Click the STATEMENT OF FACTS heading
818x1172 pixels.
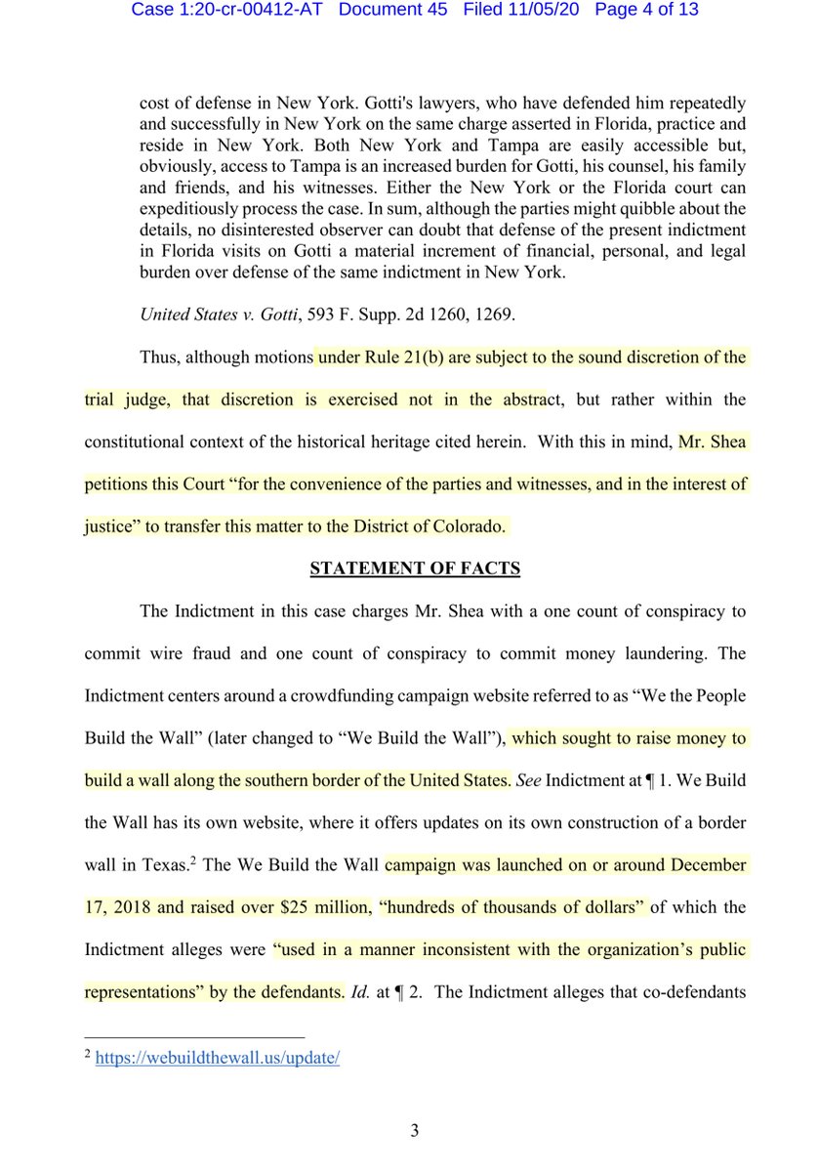(x=414, y=568)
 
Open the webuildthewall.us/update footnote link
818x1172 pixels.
(x=217, y=1060)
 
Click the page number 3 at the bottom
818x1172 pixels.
(x=414, y=1131)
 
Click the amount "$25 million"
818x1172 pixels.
(x=312, y=907)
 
